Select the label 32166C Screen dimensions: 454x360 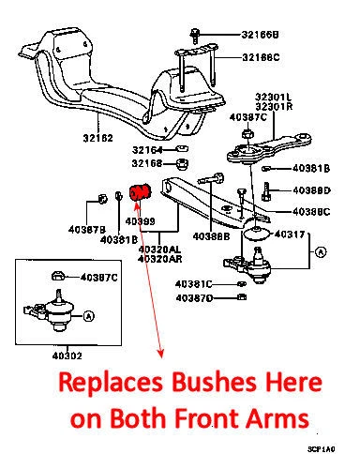[261, 57]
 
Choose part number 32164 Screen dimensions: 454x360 [148, 149]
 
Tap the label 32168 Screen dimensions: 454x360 [148, 163]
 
